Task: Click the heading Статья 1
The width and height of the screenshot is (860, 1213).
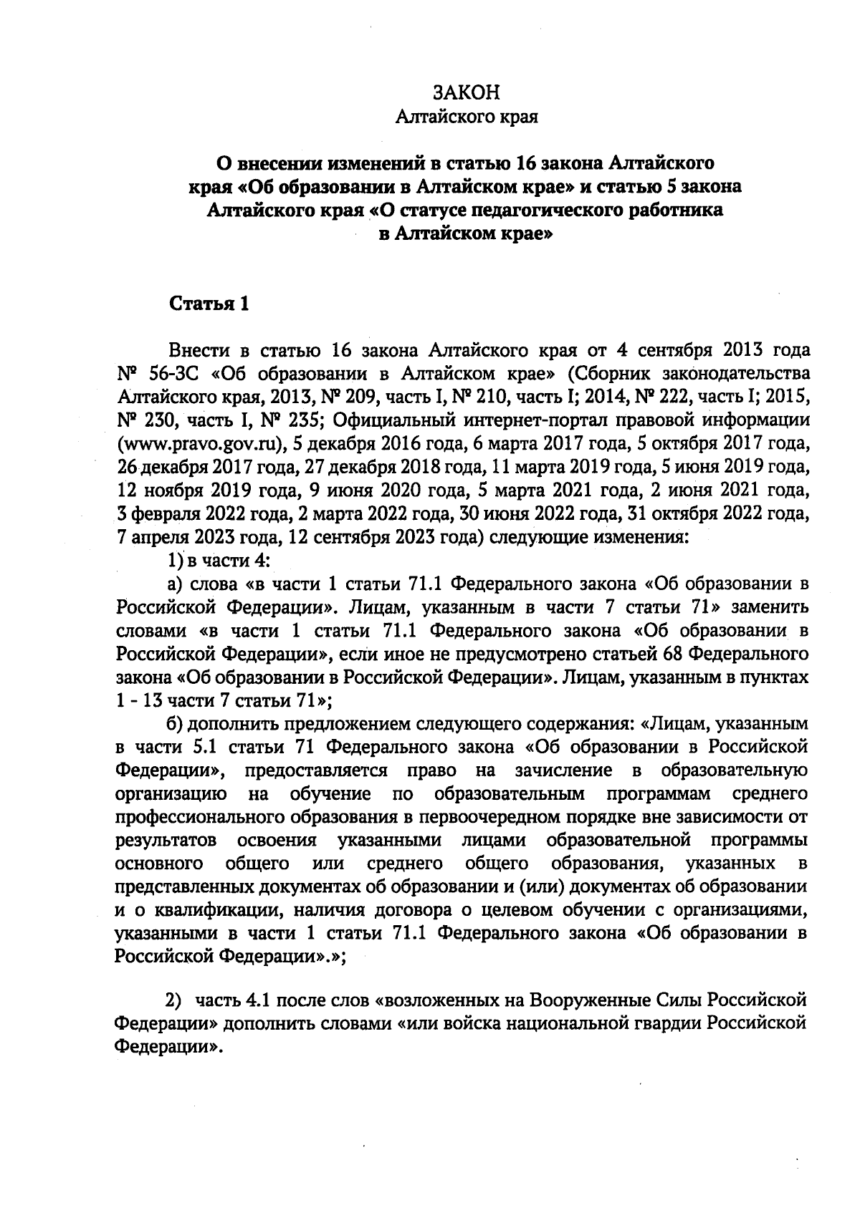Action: pos(209,304)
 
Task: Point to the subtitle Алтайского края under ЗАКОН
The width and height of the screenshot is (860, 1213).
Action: pos(467,116)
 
